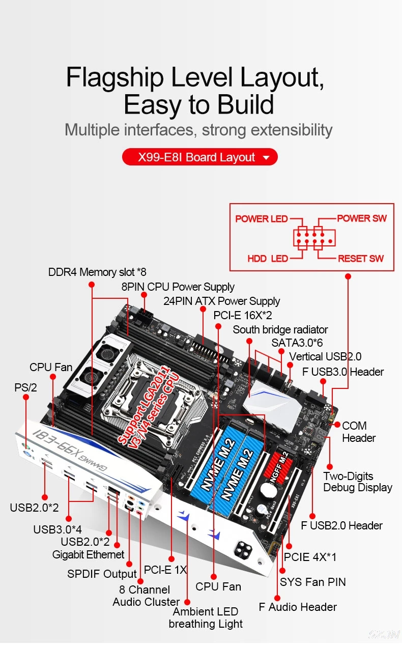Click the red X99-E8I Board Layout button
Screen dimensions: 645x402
[199, 157]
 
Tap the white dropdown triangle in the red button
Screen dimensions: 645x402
[266, 158]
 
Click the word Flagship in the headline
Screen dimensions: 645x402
[114, 78]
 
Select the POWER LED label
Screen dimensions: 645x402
[262, 219]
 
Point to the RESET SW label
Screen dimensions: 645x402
[361, 259]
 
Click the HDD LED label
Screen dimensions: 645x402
[268, 259]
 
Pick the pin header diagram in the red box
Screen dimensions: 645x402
[313, 238]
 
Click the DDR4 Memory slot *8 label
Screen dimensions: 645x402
[97, 272]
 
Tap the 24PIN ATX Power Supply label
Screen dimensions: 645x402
[221, 301]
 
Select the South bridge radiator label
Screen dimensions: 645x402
[280, 329]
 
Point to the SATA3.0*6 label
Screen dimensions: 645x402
[297, 343]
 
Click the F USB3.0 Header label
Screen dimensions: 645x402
[343, 372]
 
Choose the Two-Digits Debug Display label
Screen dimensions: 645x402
[357, 482]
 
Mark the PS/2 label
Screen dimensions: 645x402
[25, 387]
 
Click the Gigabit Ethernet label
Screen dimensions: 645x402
[89, 554]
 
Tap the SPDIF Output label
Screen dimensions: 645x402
[102, 574]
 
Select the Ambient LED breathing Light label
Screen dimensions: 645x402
[206, 618]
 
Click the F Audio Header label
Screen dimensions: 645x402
[298, 607]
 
